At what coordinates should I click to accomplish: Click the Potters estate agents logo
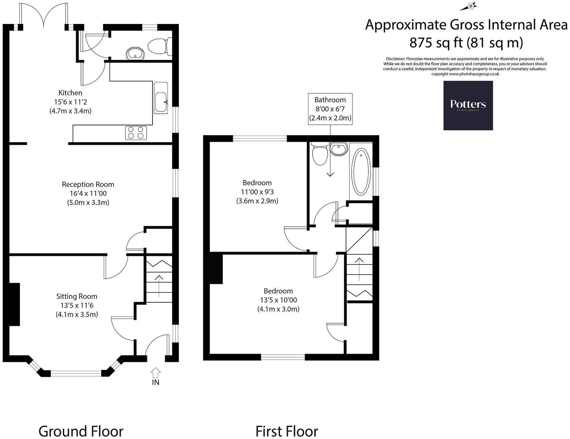tap(468, 105)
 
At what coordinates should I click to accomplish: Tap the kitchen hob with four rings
tap(136, 133)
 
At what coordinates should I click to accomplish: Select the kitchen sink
tap(161, 98)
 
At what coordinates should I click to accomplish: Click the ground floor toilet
tap(159, 47)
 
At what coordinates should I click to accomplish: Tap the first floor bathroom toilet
tap(320, 154)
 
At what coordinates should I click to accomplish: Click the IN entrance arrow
tap(155, 372)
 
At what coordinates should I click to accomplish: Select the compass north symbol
tap(470, 6)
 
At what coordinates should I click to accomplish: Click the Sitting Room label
tap(77, 296)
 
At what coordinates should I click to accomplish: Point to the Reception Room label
tap(88, 184)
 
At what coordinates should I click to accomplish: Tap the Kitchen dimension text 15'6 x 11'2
tap(70, 102)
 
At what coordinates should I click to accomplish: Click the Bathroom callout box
tap(330, 109)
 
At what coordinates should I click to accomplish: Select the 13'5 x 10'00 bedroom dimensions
tap(278, 300)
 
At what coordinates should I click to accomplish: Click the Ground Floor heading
tap(81, 431)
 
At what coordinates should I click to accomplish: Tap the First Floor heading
tap(287, 431)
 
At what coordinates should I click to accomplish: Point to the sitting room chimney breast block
tap(14, 304)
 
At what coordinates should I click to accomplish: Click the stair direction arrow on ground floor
tap(159, 285)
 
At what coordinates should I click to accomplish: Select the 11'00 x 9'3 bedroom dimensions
tap(257, 192)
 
